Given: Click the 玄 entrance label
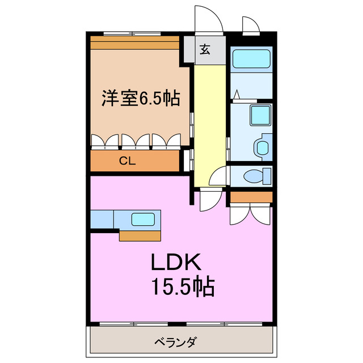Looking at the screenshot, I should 205,49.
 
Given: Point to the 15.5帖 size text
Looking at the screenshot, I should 182,288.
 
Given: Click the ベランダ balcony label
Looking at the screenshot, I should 175,343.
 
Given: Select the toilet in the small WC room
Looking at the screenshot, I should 254,176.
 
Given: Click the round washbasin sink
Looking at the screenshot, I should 261,147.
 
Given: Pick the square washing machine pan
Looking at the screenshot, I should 261,115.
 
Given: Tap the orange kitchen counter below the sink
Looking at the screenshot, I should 141,234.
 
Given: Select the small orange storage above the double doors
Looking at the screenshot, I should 251,197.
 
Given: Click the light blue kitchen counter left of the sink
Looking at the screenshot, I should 102,218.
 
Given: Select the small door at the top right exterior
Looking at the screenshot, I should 250,25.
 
